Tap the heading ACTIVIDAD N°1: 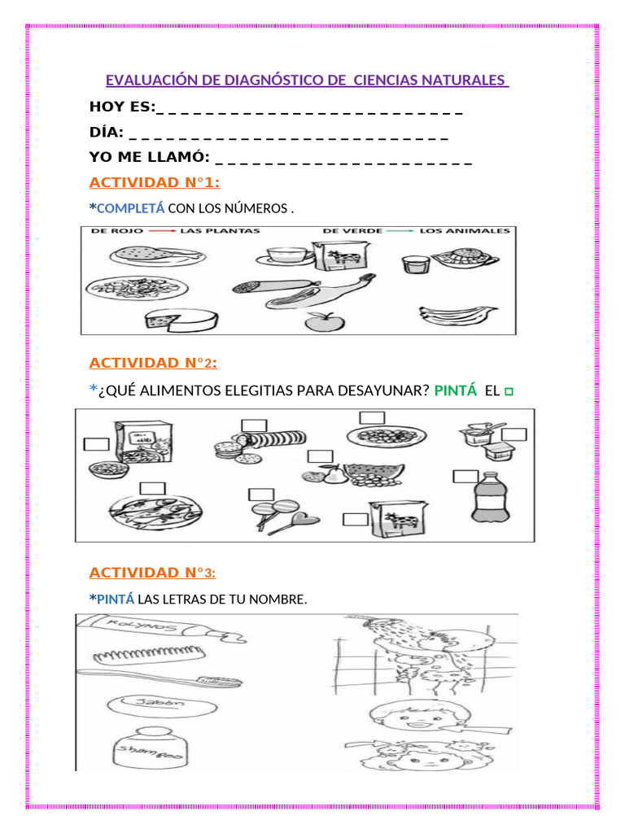pos(155,181)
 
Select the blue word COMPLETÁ pos(130,209)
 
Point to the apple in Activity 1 pos(320,321)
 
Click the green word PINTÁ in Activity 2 pos(456,390)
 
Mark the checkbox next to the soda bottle pos(466,477)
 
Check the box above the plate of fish pos(152,488)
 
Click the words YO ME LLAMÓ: pos(150,157)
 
